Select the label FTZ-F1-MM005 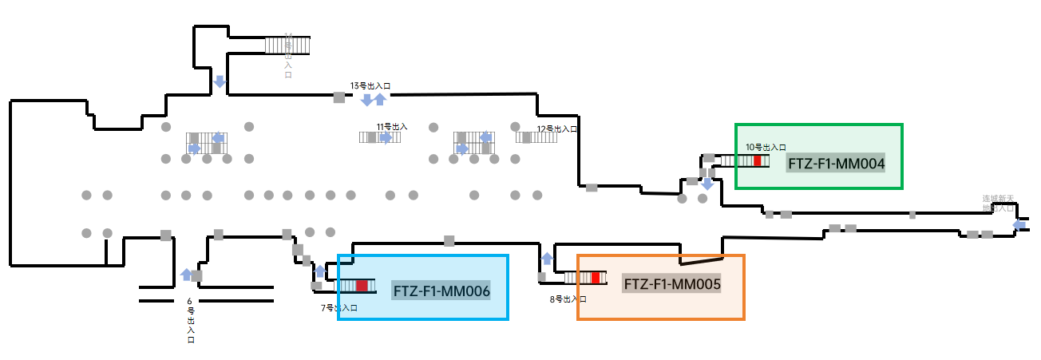pos(672,284)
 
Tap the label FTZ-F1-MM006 pos(441,291)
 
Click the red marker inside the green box pos(758,160)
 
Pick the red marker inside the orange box pos(596,278)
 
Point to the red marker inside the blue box pos(362,286)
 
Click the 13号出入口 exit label pos(370,85)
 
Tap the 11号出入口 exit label pos(392,126)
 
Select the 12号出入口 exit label pos(557,129)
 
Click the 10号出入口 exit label pos(766,147)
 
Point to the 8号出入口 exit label pos(568,299)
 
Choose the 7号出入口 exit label pos(338,307)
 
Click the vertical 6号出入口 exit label pos(190,320)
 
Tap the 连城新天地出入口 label pos(998,203)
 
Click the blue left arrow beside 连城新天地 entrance pos(1019,225)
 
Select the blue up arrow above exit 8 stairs pos(547,258)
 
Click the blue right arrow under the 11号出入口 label pos(386,137)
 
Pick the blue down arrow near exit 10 pos(707,184)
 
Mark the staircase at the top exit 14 pos(287,45)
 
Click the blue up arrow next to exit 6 pos(186,275)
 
